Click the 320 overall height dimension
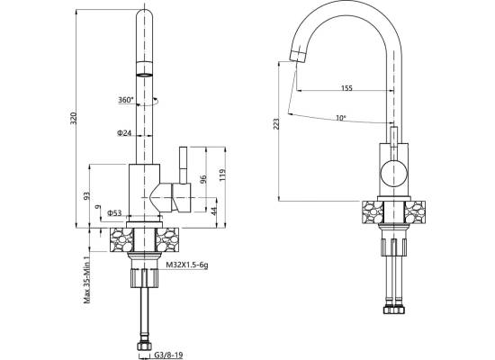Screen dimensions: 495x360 tap(73, 118)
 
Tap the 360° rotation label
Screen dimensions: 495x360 tap(126, 100)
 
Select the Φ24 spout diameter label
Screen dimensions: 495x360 tap(124, 133)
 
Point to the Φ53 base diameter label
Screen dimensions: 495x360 tap(114, 212)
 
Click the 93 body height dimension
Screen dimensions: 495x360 tap(86, 196)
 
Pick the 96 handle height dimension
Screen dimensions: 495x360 tap(203, 179)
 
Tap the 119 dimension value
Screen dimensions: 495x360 tap(222, 175)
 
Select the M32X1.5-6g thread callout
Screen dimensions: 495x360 tap(187, 265)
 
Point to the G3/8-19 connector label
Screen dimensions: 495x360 tap(168, 355)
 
